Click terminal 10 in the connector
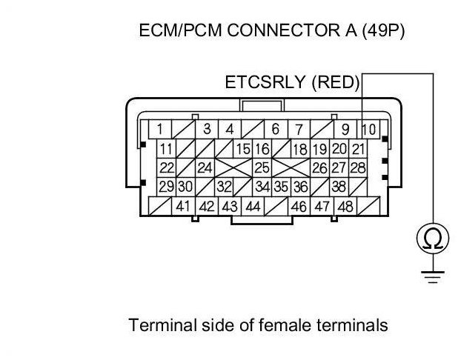pyautogui.click(x=368, y=129)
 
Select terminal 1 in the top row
pyautogui.click(x=160, y=129)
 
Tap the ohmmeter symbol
pyautogui.click(x=433, y=238)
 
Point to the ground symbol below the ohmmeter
pyautogui.click(x=433, y=277)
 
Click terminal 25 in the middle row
pyautogui.click(x=262, y=168)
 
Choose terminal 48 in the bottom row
pyautogui.click(x=345, y=207)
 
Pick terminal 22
pyautogui.click(x=167, y=168)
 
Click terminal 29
pyautogui.click(x=167, y=187)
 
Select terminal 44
pyautogui.click(x=253, y=207)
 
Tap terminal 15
pyautogui.click(x=243, y=149)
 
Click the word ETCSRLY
pyautogui.click(x=265, y=82)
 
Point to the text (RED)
pyautogui.click(x=336, y=82)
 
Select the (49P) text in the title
pyautogui.click(x=383, y=30)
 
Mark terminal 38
pyautogui.click(x=339, y=187)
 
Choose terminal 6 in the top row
pyautogui.click(x=276, y=129)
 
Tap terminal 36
pyautogui.click(x=300, y=187)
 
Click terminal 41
pyautogui.click(x=183, y=207)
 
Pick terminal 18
pyautogui.click(x=300, y=149)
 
